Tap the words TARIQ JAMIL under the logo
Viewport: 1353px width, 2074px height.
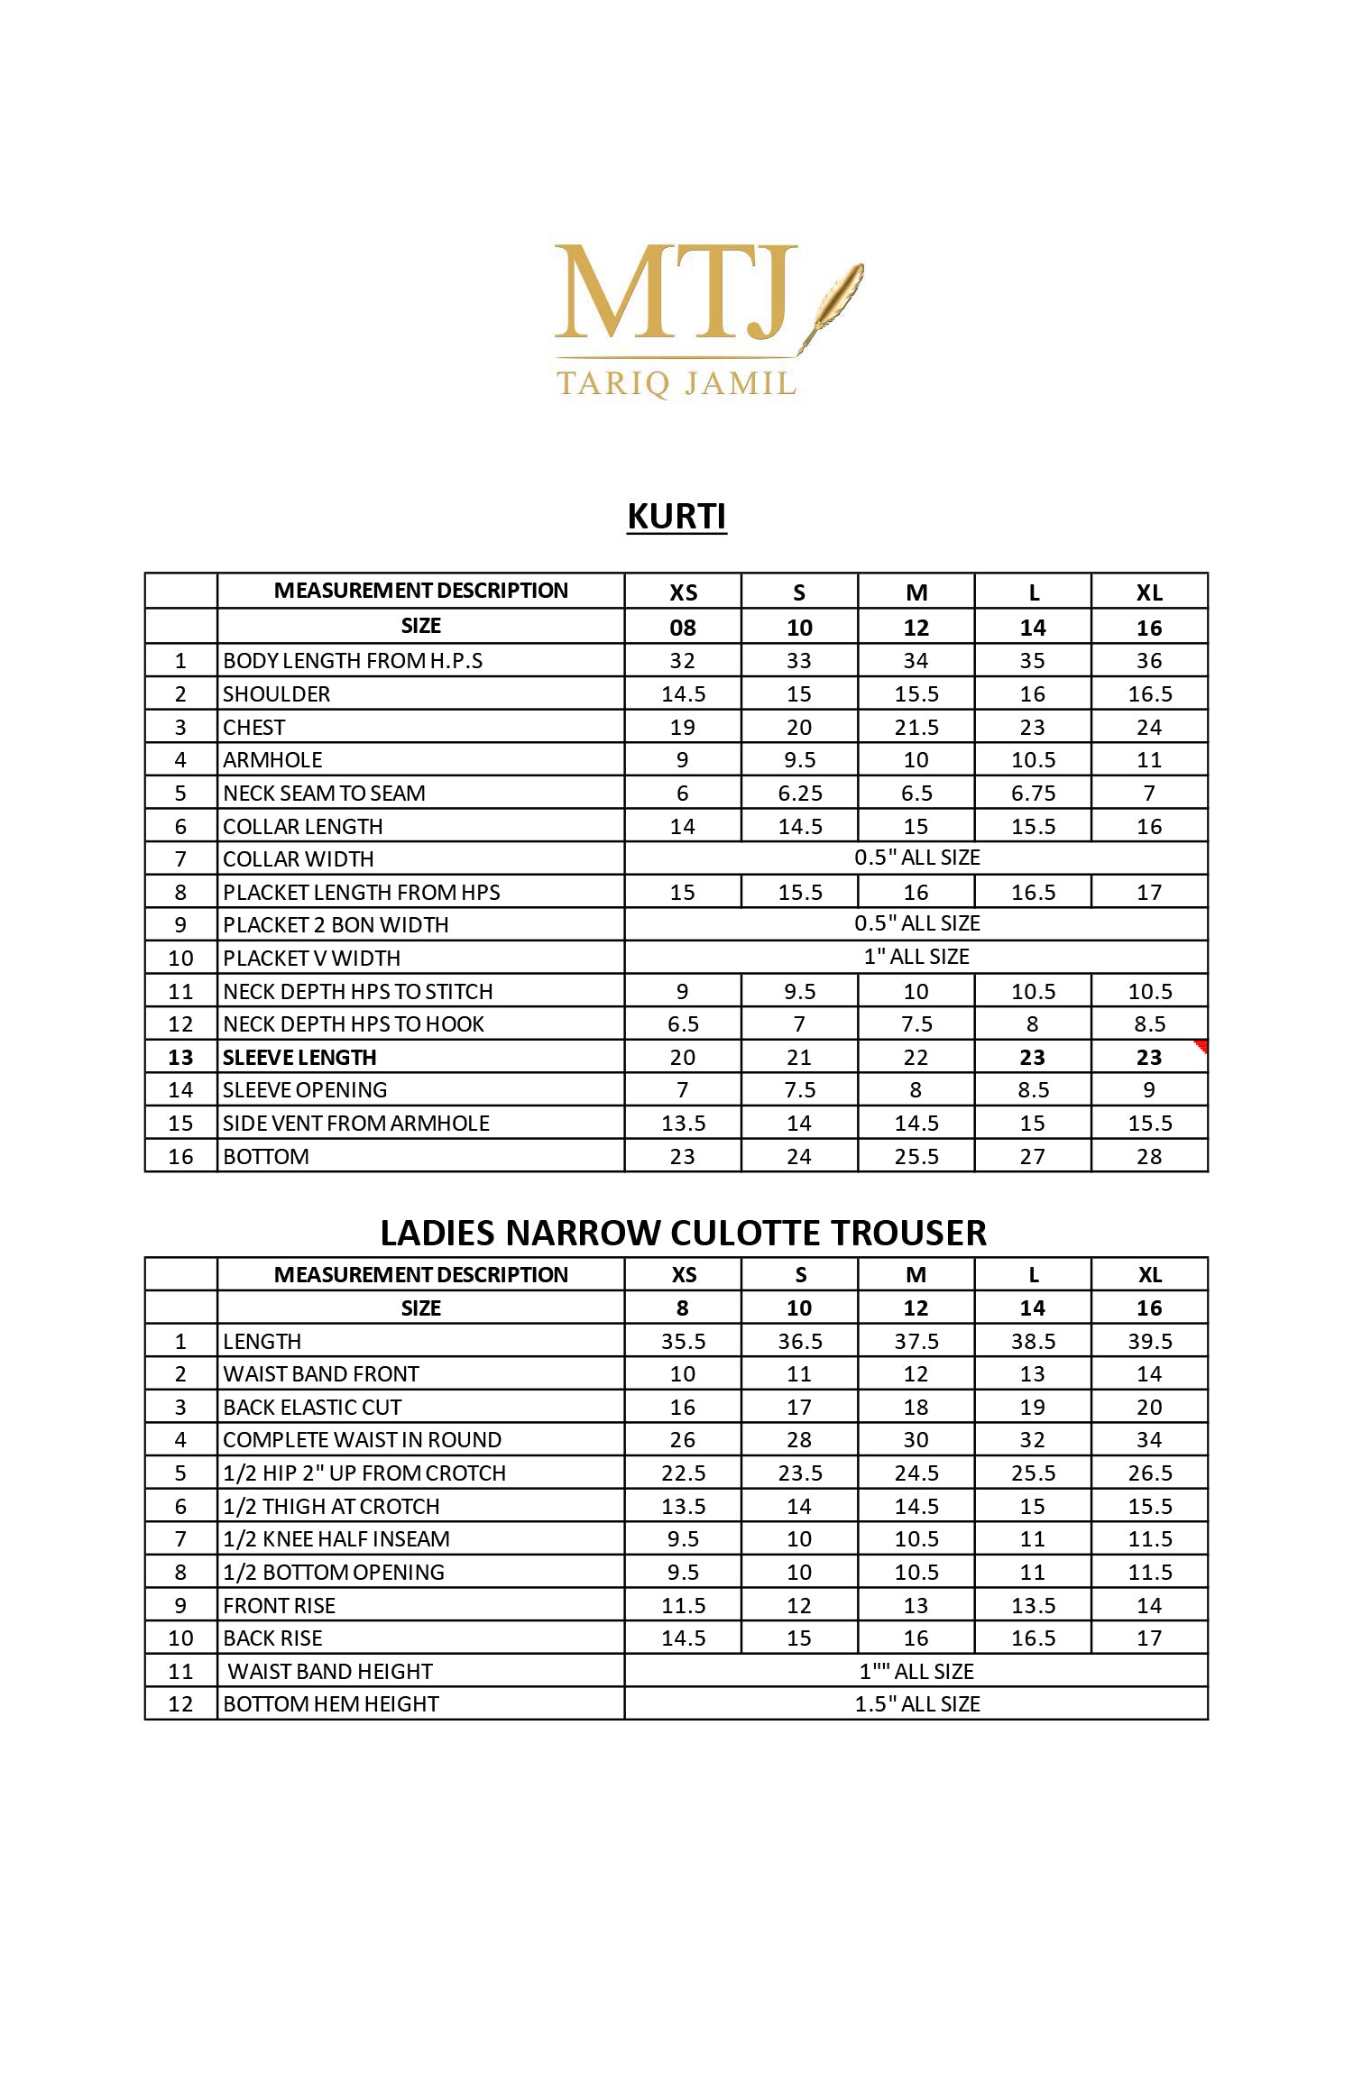click(676, 383)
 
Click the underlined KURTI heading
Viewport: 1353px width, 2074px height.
click(676, 517)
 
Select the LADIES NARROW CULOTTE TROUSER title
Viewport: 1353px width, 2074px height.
click(683, 1233)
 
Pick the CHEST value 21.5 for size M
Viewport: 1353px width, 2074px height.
click(916, 727)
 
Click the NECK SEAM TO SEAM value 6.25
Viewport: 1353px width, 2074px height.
click(799, 794)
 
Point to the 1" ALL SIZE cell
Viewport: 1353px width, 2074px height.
click(916, 957)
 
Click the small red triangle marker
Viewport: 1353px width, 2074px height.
click(1201, 1046)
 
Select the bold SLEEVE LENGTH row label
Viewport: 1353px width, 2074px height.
click(299, 1057)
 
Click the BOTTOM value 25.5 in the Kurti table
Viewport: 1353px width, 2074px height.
click(916, 1156)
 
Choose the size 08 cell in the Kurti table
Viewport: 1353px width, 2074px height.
click(683, 628)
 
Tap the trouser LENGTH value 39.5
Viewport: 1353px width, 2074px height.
click(1149, 1342)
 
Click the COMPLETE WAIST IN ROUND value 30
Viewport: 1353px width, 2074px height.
click(916, 1440)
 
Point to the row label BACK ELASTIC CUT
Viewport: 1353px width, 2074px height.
click(312, 1408)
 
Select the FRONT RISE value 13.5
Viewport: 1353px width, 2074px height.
click(1033, 1606)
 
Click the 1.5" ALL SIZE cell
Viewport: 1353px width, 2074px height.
click(916, 1704)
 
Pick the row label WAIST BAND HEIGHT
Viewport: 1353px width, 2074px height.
click(330, 1672)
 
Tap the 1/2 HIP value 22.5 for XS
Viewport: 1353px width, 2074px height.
click(683, 1473)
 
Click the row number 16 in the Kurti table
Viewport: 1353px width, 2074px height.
click(180, 1156)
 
